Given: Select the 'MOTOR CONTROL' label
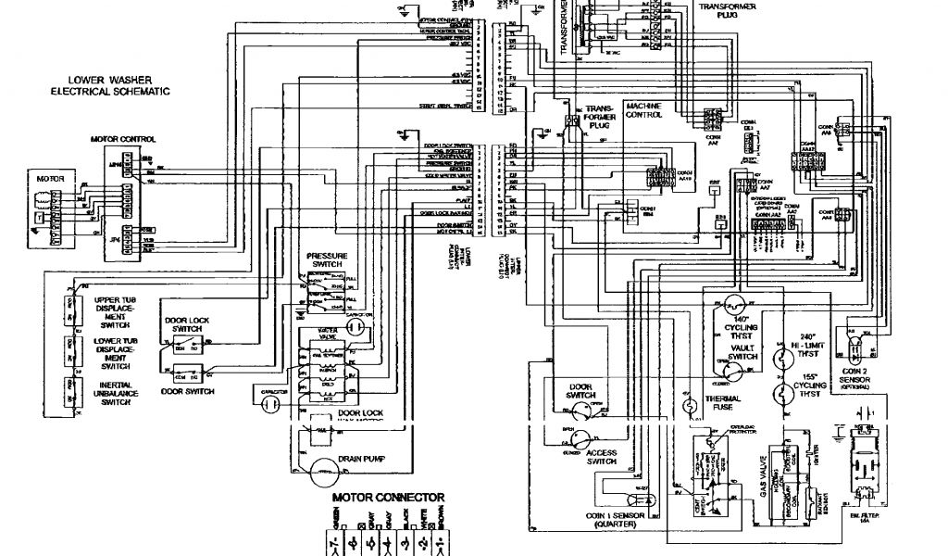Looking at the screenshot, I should point(123,139).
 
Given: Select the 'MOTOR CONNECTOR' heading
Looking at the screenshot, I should point(389,498).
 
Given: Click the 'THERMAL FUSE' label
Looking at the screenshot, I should point(722,404).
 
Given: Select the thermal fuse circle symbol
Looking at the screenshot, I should point(688,405).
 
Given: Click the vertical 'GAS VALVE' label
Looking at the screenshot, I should point(765,482).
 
